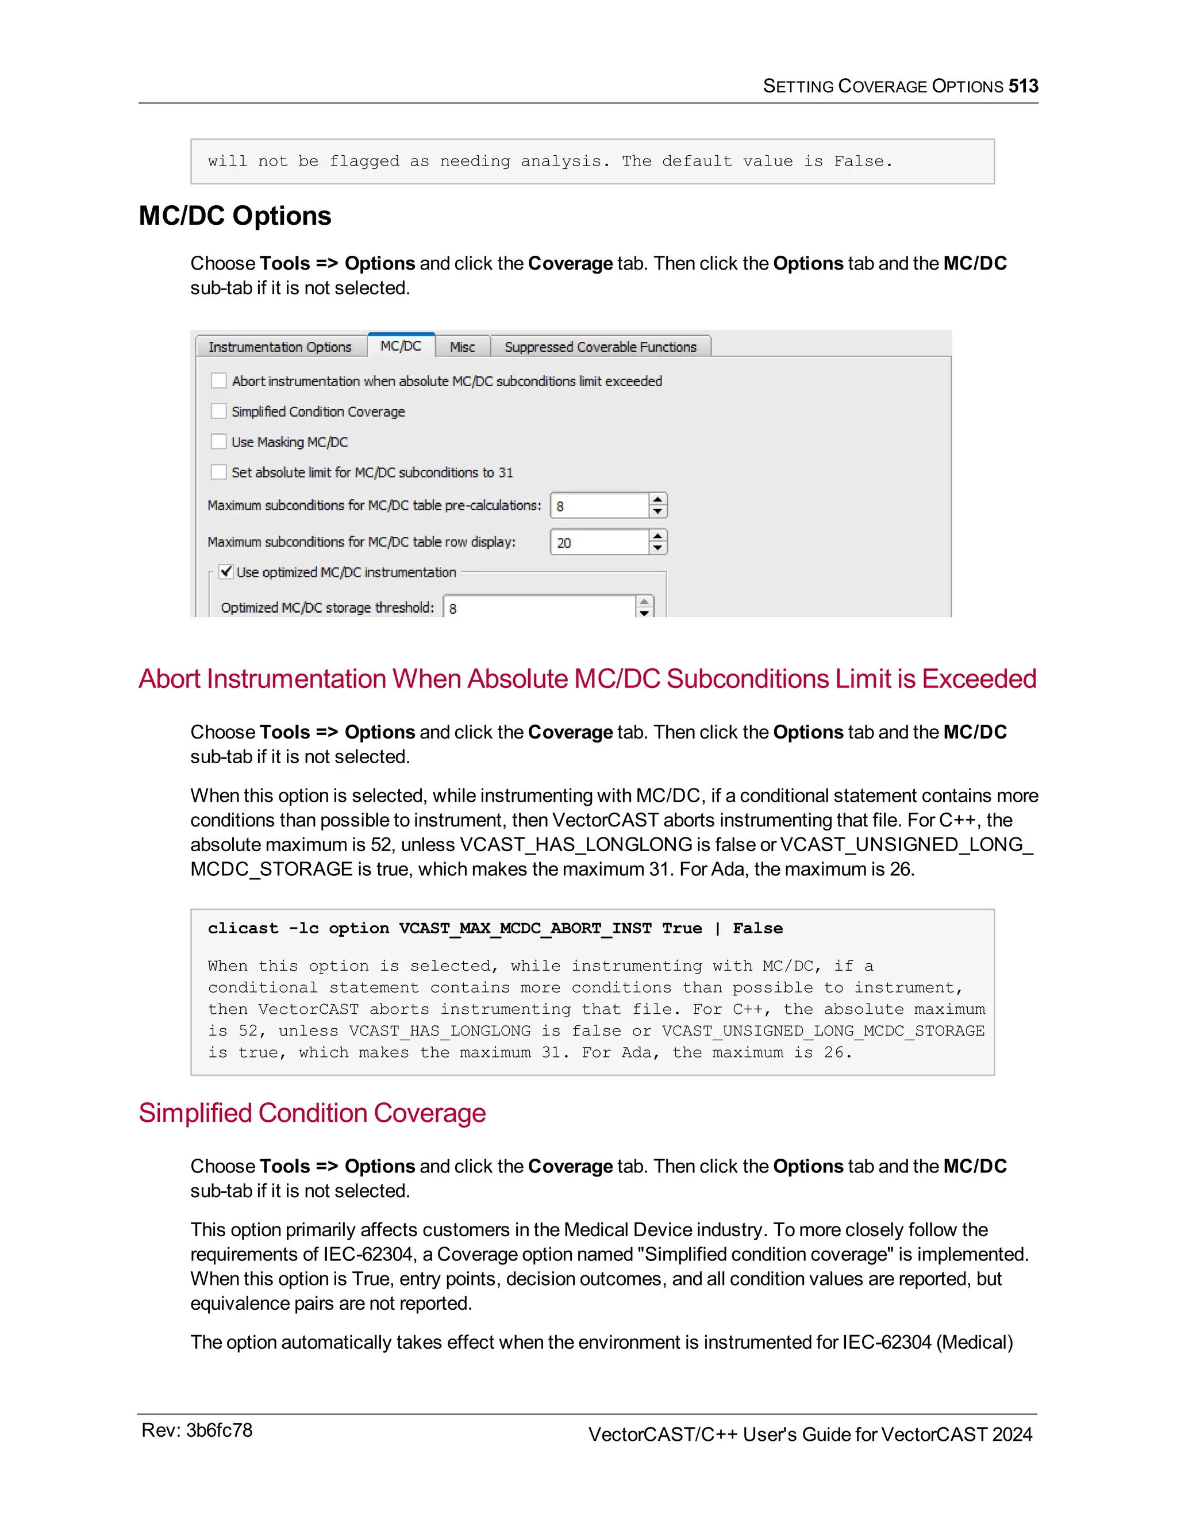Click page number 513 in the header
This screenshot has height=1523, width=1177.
pos(1023,86)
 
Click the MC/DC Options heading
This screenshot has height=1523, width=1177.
pos(235,216)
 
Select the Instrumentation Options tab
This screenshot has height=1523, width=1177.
pos(280,347)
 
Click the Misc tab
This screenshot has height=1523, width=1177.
pos(461,347)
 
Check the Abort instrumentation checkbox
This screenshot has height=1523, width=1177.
pos(219,380)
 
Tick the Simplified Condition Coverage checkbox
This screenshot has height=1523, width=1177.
pos(219,411)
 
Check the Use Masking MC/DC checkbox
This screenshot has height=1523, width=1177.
pos(219,441)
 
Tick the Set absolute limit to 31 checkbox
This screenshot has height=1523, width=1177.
pos(219,472)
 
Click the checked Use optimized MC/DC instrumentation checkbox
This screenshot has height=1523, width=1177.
pos(226,572)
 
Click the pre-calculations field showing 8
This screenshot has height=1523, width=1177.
pos(599,506)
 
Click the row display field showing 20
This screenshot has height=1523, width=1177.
pos(599,543)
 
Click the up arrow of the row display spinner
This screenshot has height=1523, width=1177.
pos(657,536)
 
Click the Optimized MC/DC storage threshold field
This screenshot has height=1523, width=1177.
pos(539,608)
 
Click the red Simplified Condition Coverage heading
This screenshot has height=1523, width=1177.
pos(311,1113)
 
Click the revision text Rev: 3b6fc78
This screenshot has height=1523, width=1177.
pos(197,1430)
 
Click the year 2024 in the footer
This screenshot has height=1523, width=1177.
pos(1011,1434)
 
